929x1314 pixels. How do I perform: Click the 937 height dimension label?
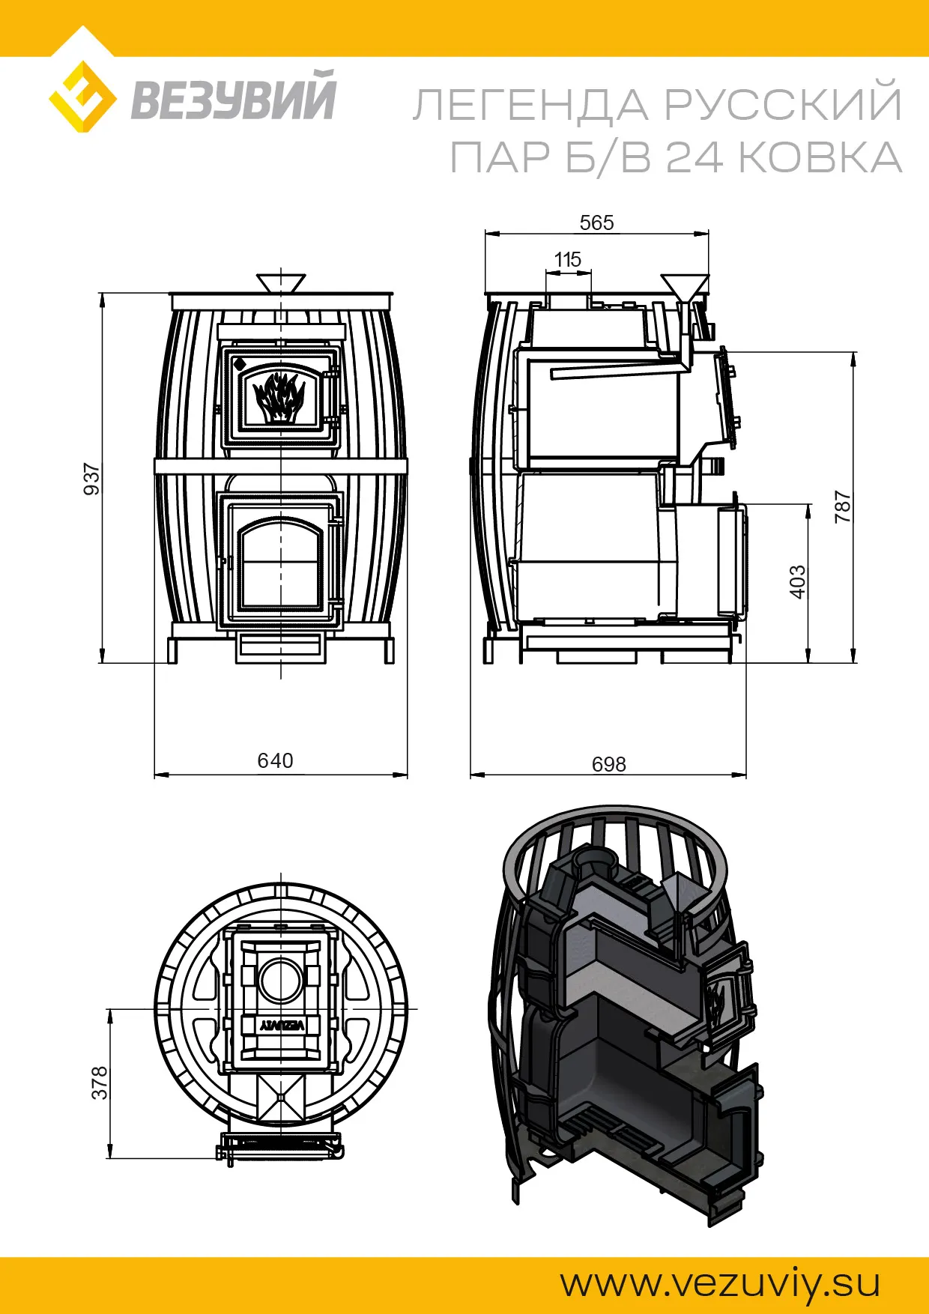tap(91, 479)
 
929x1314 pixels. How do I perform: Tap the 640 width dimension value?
tap(275, 760)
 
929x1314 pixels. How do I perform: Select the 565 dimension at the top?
tap(596, 222)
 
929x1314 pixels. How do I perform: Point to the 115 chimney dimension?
tap(568, 259)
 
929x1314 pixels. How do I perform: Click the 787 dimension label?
tap(843, 507)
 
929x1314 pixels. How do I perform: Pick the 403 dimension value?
tap(798, 582)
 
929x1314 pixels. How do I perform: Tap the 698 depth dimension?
tap(608, 764)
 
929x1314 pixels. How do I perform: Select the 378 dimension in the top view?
tap(100, 1083)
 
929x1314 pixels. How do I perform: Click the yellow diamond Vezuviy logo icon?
tap(82, 97)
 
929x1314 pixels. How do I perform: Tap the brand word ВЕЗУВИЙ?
tap(234, 96)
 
